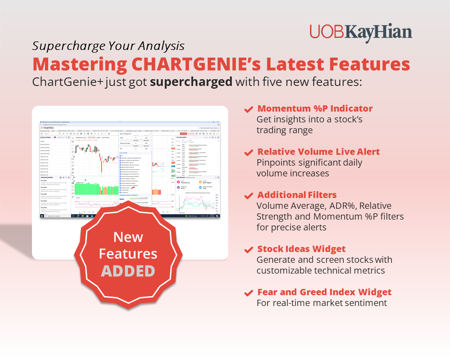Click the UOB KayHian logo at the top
[x=360, y=33]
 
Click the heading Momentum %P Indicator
[x=315, y=108]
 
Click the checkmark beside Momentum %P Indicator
[x=248, y=109]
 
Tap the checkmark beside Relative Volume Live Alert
[x=248, y=153]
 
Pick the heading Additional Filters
[x=297, y=195]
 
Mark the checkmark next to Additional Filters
[x=248, y=196]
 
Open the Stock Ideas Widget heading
[x=301, y=249]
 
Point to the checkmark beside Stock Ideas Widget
[x=248, y=250]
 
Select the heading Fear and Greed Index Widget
[x=324, y=292]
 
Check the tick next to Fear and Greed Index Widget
[x=248, y=293]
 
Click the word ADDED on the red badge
[x=128, y=271]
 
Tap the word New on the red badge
[x=128, y=237]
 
